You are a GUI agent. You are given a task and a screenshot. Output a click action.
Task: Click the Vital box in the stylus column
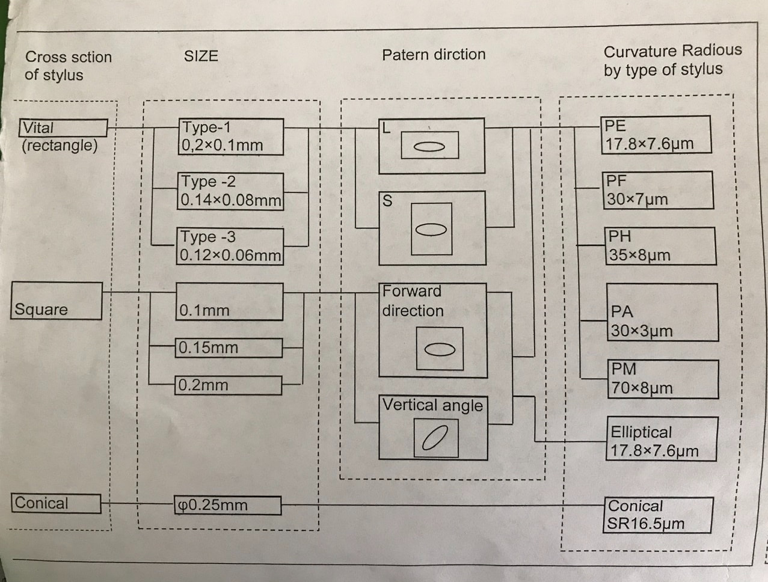pos(63,128)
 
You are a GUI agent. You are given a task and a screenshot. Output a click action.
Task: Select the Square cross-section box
pos(57,301)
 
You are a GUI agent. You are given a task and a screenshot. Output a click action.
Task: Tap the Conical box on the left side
pos(56,504)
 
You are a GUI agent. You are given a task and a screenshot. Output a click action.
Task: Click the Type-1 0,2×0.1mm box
pos(232,136)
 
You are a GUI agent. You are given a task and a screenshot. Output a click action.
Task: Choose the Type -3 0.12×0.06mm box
pos(231,247)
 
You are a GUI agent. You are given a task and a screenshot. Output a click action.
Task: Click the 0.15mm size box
pos(229,348)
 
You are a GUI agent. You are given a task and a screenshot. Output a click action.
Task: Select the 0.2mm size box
pos(229,385)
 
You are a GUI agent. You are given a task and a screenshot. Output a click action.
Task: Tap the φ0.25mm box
pos(228,506)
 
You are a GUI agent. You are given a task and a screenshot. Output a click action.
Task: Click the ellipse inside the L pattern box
pos(429,146)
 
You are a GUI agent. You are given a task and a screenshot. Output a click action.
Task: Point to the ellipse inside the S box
pos(431,230)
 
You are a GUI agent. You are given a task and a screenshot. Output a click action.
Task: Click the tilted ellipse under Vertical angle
pos(435,437)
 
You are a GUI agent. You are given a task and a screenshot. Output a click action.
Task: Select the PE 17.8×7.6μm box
pos(656,135)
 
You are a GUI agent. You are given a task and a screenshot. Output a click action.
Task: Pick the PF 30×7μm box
pos(659,190)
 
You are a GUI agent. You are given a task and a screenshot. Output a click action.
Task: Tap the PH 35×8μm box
pos(661,246)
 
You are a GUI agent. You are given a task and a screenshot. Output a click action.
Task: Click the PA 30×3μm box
pos(662,313)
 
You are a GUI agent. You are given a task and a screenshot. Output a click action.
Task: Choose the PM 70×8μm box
pos(663,379)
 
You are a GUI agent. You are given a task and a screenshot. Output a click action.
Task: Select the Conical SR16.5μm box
pos(658,515)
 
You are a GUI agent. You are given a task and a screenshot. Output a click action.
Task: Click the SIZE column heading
pos(201,57)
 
